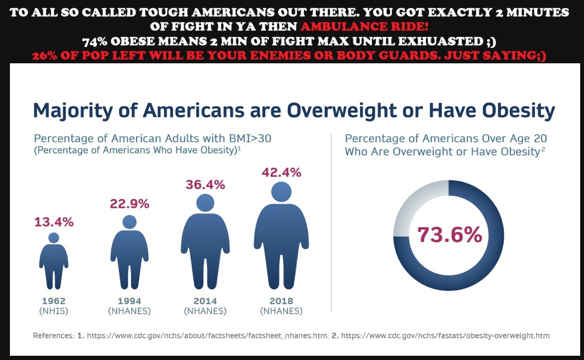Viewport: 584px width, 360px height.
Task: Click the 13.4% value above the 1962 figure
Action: tap(54, 222)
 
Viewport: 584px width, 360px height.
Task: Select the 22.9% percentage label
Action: tap(129, 204)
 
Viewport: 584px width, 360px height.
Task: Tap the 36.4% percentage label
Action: tap(205, 185)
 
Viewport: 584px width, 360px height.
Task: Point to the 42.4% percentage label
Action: tap(281, 172)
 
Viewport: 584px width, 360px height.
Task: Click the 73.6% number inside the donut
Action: tap(449, 235)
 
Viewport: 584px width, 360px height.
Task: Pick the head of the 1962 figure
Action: tap(54, 238)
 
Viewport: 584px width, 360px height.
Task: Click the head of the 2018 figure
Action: tap(281, 192)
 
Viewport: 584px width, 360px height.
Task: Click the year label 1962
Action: tap(54, 301)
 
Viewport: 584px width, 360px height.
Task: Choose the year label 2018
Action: tap(281, 301)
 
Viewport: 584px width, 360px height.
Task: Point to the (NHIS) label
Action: tap(54, 311)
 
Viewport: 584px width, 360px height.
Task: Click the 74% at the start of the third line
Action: tap(96, 42)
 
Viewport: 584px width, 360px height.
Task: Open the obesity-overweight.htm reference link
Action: tap(445, 335)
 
